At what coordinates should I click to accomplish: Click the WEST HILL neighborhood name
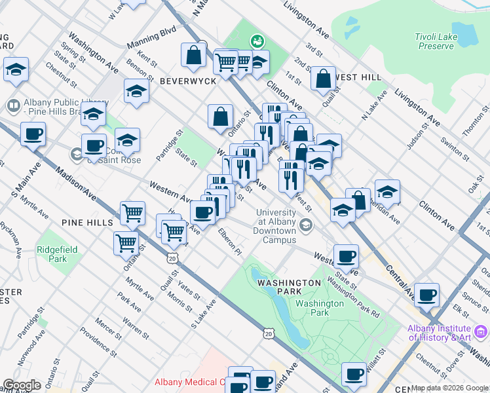[359, 77]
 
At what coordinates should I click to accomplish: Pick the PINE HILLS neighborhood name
[87, 223]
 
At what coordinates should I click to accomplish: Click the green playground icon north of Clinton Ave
[258, 41]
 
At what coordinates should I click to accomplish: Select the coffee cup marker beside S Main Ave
[33, 135]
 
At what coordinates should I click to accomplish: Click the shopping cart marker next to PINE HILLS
[132, 213]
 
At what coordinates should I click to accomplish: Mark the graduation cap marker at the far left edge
[16, 69]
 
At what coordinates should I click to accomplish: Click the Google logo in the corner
[22, 385]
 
